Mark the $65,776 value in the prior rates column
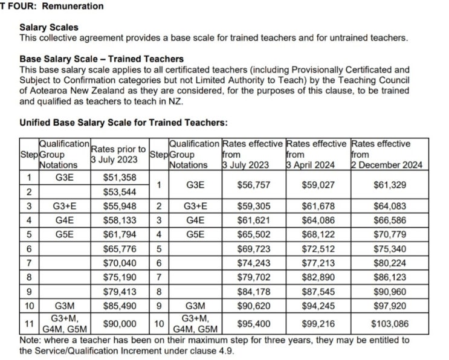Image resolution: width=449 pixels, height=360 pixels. coord(119,248)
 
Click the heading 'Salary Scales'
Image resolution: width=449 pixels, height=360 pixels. coord(48,28)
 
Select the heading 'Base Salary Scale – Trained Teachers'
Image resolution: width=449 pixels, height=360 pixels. coord(102,59)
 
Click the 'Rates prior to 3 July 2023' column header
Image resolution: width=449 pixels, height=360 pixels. coord(118,154)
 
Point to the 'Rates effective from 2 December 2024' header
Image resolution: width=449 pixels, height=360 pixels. coord(387,154)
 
